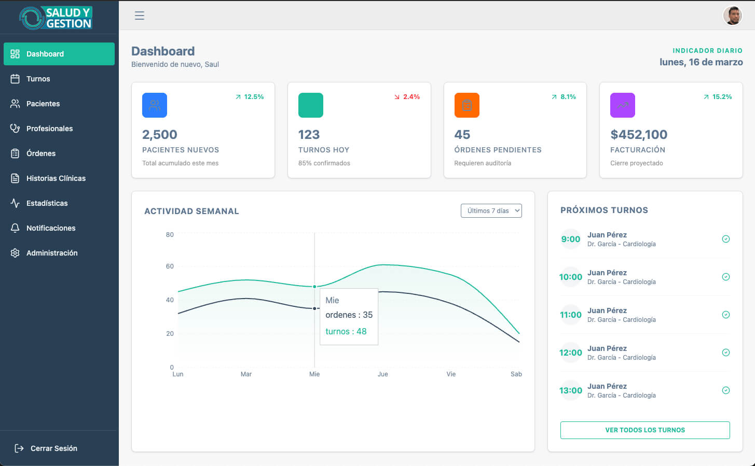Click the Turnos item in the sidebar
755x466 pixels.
(x=38, y=79)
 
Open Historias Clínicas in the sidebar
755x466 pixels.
(x=56, y=178)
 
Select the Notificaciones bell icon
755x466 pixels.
(x=15, y=228)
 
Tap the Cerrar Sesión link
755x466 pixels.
(x=53, y=448)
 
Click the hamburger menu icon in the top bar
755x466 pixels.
(x=140, y=16)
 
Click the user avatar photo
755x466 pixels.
(x=733, y=16)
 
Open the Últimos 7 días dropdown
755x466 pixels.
(x=491, y=211)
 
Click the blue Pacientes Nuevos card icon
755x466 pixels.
(x=155, y=105)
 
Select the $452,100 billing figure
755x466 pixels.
(x=639, y=135)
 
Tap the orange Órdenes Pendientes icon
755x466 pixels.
(x=466, y=105)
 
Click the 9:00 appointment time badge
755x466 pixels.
(x=571, y=239)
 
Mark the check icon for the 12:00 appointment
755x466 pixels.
(x=726, y=352)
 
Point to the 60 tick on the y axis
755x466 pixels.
(x=170, y=266)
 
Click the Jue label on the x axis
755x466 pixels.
(x=382, y=374)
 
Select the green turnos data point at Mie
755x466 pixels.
(x=314, y=287)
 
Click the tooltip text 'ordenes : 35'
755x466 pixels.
(x=349, y=315)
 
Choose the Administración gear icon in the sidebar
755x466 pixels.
(x=15, y=253)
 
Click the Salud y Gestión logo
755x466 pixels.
(x=56, y=18)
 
